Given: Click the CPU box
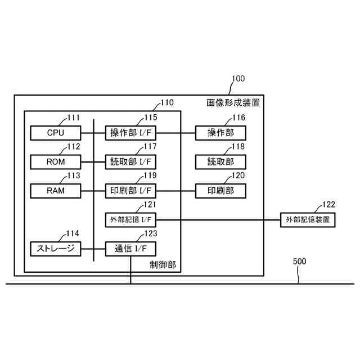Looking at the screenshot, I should tap(56, 133).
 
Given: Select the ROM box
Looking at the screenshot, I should tap(56, 162).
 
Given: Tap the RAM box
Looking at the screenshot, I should tap(56, 191).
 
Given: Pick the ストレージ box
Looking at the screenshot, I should tap(56, 248).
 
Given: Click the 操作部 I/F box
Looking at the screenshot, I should tap(130, 133).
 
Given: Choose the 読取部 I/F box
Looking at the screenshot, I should tap(130, 162).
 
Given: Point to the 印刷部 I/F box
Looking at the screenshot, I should tap(130, 191).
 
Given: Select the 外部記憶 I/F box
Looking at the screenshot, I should tap(130, 219).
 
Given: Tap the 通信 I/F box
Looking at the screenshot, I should tap(130, 248).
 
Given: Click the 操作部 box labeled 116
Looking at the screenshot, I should tap(220, 133).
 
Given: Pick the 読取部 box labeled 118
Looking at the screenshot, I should tap(220, 162).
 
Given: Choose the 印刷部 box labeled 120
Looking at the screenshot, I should tap(220, 191).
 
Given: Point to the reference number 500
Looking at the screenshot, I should tap(300, 262).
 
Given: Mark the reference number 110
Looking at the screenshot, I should tap(167, 103).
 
